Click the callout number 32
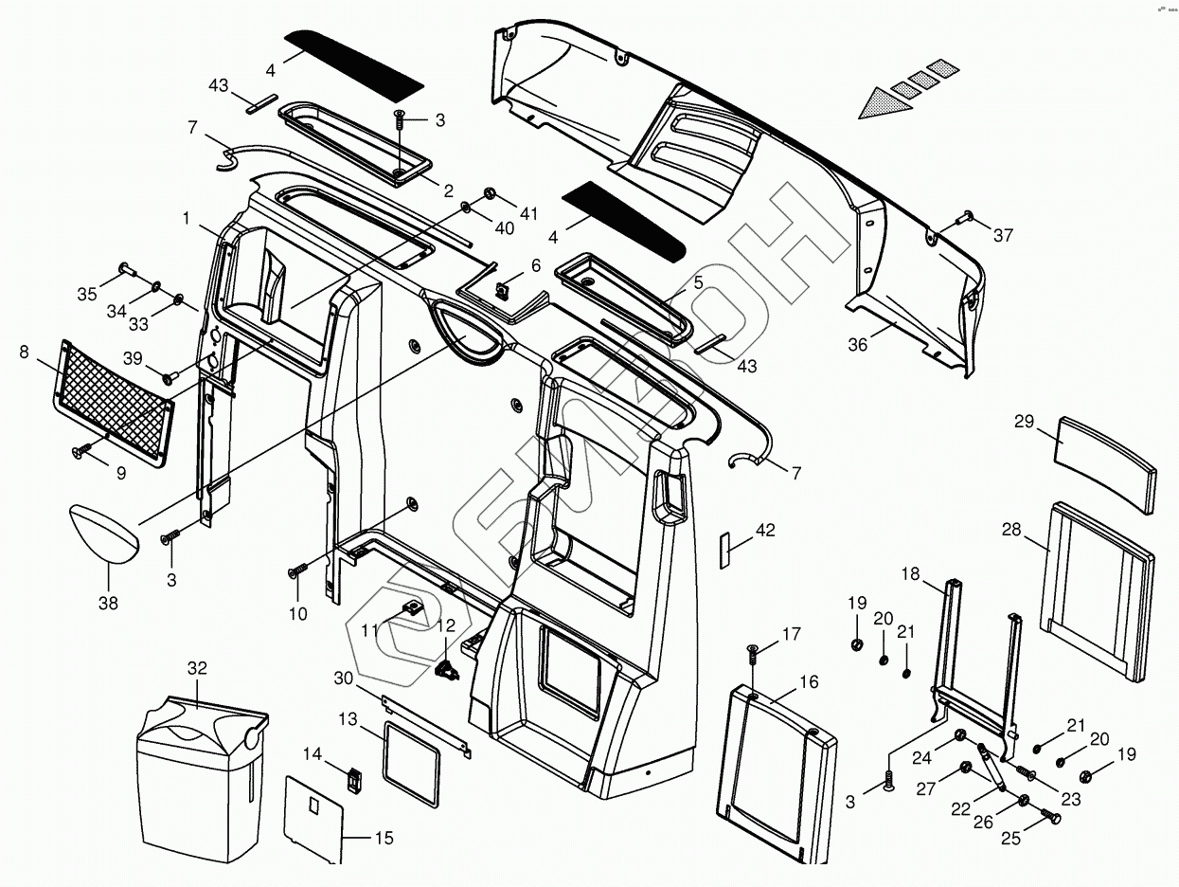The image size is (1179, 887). click(x=196, y=668)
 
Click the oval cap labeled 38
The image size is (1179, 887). click(x=103, y=534)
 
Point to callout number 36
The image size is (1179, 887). click(x=857, y=345)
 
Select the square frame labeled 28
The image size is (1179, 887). click(x=1099, y=588)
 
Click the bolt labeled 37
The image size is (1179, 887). click(x=967, y=218)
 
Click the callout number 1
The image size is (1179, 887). click(x=187, y=218)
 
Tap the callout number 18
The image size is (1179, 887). click(x=910, y=575)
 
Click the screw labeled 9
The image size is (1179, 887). click(x=82, y=452)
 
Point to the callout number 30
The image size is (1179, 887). click(x=344, y=679)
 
